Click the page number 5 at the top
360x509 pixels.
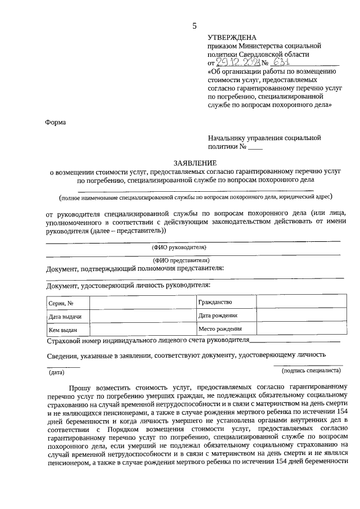[195, 26]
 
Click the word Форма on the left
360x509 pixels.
[55, 121]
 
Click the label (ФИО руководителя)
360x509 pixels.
[179, 247]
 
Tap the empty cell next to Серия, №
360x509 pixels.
[142, 304]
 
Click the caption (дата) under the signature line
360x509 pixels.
[57, 372]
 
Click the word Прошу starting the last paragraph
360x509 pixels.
[81, 388]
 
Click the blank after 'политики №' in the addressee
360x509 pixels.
[255, 148]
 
